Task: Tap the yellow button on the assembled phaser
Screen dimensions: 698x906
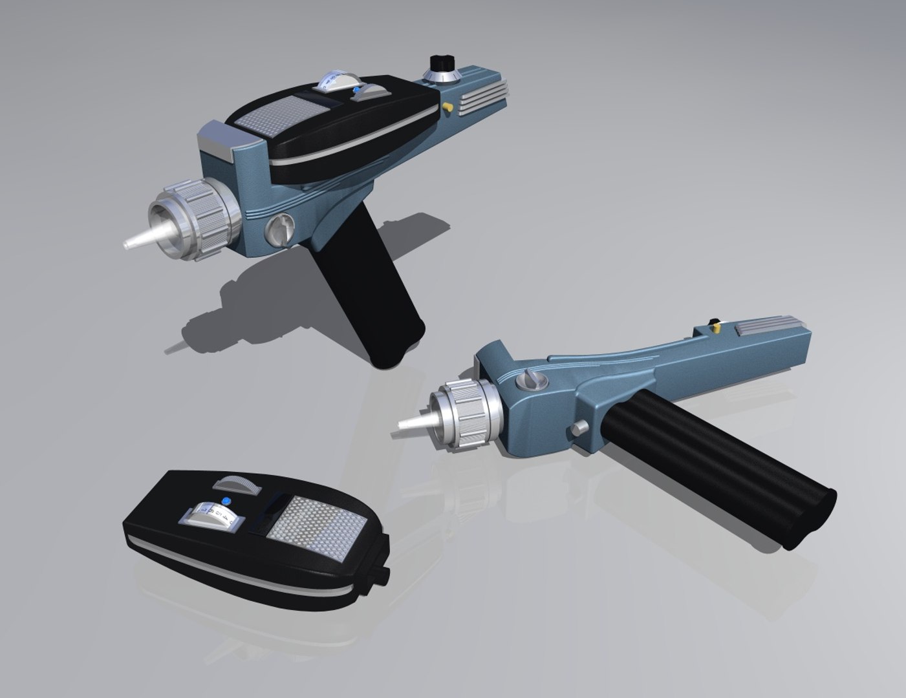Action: [x=446, y=105]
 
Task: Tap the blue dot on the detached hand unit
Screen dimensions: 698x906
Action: [x=226, y=502]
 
